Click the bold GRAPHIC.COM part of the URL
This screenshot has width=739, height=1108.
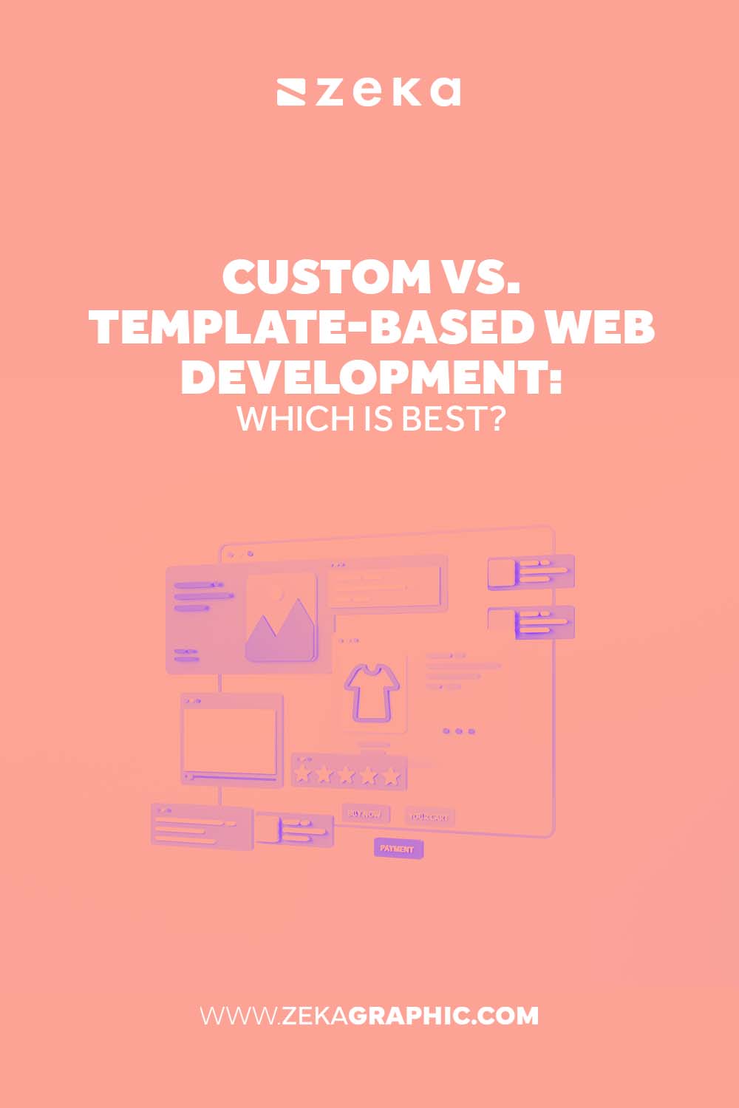click(x=443, y=1016)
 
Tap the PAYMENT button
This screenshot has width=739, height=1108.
click(x=398, y=849)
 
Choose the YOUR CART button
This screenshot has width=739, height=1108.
click(x=429, y=817)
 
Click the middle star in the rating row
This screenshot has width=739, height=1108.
click(x=346, y=775)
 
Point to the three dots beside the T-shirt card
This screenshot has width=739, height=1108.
click(x=459, y=731)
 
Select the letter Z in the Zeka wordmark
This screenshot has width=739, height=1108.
click(x=333, y=92)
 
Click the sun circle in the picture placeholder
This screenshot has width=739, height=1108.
click(x=276, y=592)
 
